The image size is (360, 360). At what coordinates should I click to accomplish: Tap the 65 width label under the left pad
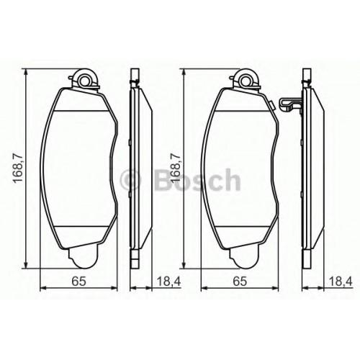click(x=78, y=281)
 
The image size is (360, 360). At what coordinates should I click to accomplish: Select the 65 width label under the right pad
click(x=240, y=281)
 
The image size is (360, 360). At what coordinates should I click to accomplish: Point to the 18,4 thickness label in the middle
click(x=168, y=281)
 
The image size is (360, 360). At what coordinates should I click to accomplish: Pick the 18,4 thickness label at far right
click(x=341, y=281)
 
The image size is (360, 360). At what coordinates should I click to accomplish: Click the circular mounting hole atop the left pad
click(x=84, y=81)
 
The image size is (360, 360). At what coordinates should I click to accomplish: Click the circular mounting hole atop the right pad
click(x=246, y=81)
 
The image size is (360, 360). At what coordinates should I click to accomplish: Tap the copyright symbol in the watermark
click(x=130, y=180)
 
